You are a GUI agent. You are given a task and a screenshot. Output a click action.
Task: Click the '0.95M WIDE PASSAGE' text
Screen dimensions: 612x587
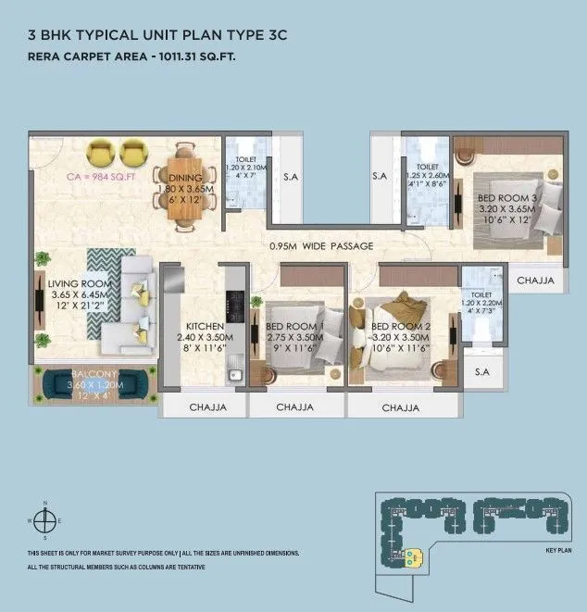tap(321, 246)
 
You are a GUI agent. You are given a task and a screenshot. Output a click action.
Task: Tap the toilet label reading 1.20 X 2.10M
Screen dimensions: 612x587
tap(246, 169)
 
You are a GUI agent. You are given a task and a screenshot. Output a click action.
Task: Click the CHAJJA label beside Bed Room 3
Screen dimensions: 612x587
tap(535, 280)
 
